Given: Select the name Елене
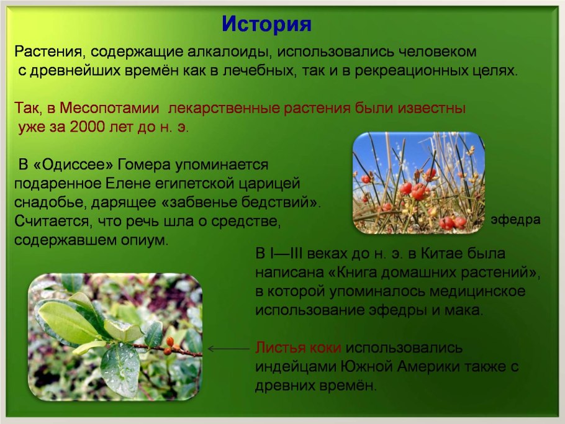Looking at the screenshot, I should pyautogui.click(x=114, y=184).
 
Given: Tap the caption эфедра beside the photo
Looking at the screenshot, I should pyautogui.click(x=515, y=220).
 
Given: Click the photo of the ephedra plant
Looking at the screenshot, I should pyautogui.click(x=418, y=183).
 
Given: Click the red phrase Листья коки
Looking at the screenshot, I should pyautogui.click(x=298, y=348).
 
